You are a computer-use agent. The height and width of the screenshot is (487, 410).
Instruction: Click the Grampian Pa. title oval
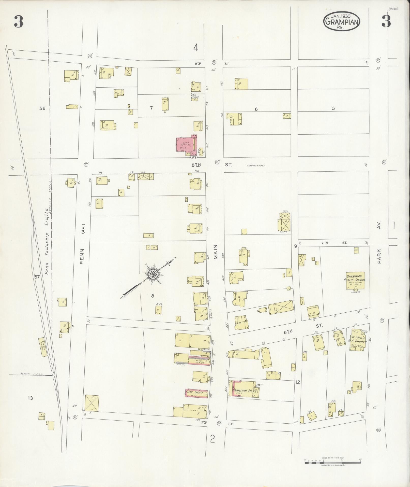click(342, 22)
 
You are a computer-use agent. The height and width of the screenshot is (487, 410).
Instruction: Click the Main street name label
click(216, 252)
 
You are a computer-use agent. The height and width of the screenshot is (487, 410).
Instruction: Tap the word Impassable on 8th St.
click(255, 165)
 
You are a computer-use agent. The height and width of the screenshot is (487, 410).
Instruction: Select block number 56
click(42, 108)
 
